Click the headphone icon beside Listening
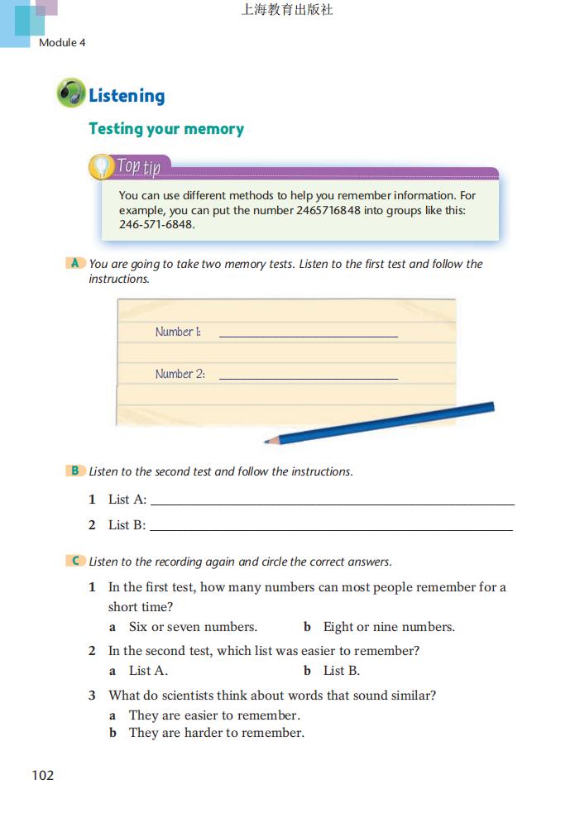[70, 93]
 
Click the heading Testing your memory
[166, 129]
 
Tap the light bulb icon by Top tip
[100, 167]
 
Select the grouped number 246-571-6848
[157, 224]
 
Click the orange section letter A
[75, 263]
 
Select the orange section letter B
[75, 471]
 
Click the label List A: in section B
[127, 500]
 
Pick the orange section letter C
[75, 561]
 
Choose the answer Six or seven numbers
[192, 627]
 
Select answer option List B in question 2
[341, 671]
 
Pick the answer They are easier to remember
[213, 715]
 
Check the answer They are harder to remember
[216, 733]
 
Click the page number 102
[42, 775]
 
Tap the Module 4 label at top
[62, 42]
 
